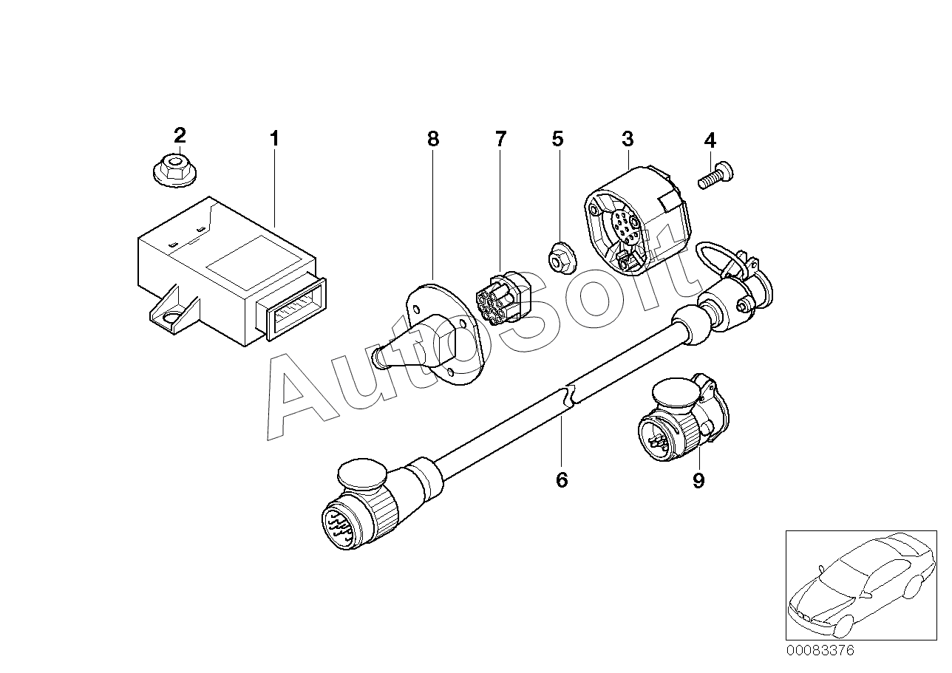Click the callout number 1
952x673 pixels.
click(x=274, y=138)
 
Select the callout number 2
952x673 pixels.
click(x=180, y=135)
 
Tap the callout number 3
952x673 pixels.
click(x=627, y=138)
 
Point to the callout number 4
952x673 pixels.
click(x=710, y=140)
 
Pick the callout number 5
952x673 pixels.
click(x=557, y=138)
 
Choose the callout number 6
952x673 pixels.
click(x=562, y=480)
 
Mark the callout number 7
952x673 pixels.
click(x=501, y=138)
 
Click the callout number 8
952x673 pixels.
click(x=433, y=138)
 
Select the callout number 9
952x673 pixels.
click(x=698, y=481)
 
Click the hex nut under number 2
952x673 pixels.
click(x=171, y=169)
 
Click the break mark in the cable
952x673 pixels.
click(x=571, y=396)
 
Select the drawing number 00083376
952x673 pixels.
click(x=820, y=651)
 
